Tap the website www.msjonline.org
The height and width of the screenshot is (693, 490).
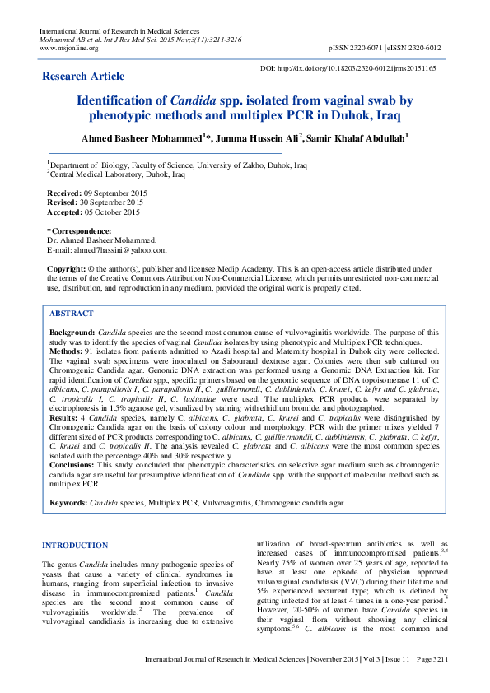coord(68,48)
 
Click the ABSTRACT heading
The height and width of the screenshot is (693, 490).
coord(72,314)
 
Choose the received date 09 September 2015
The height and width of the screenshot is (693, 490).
coord(108,191)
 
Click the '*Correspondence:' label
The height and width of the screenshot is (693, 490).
coord(79,231)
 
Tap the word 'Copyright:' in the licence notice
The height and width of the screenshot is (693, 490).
coord(66,269)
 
